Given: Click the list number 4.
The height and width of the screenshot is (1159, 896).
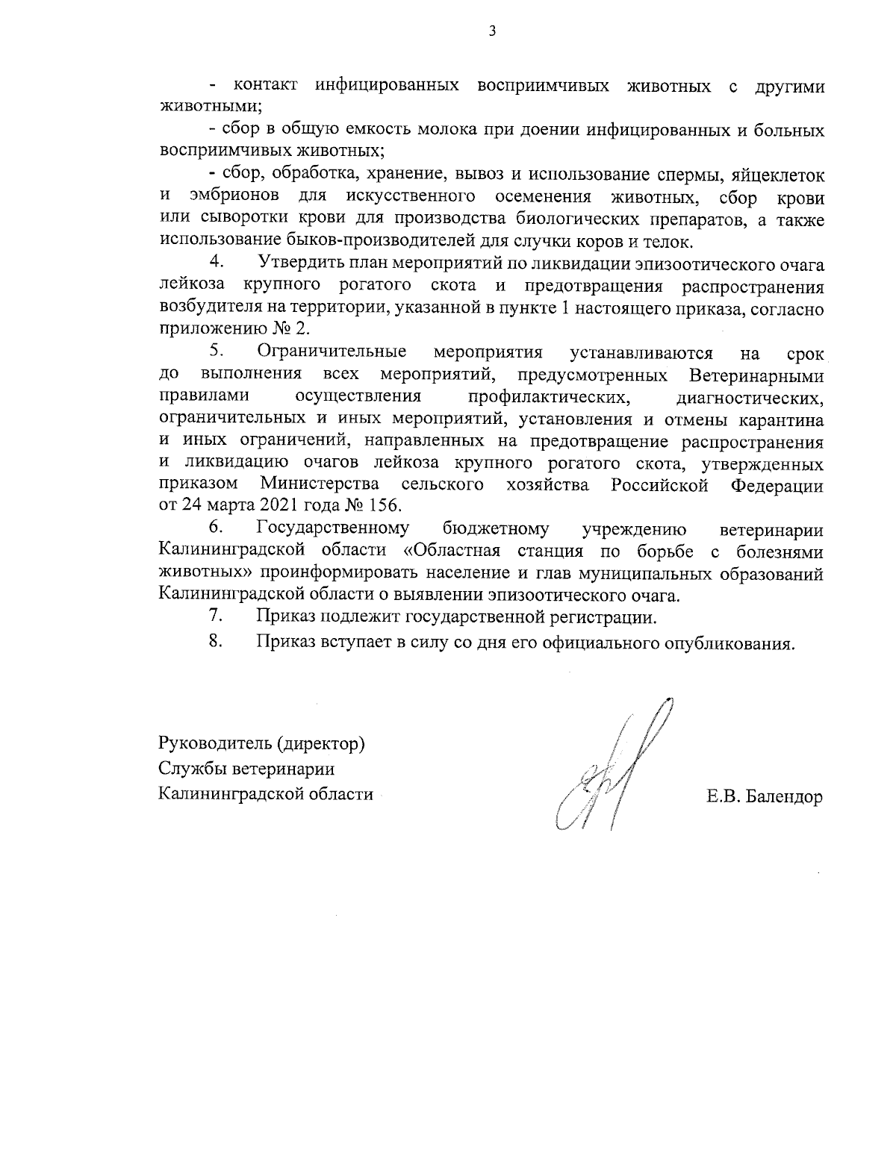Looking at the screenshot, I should pyautogui.click(x=217, y=263).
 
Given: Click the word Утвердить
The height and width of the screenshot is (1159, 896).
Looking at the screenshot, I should pyautogui.click(x=299, y=263).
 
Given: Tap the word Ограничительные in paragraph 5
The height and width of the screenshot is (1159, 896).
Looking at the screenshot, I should pyautogui.click(x=332, y=352).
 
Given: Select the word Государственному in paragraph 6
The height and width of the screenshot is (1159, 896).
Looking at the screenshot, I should pyautogui.click(x=332, y=529).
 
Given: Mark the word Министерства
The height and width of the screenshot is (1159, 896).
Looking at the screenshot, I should pyautogui.click(x=319, y=485).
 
